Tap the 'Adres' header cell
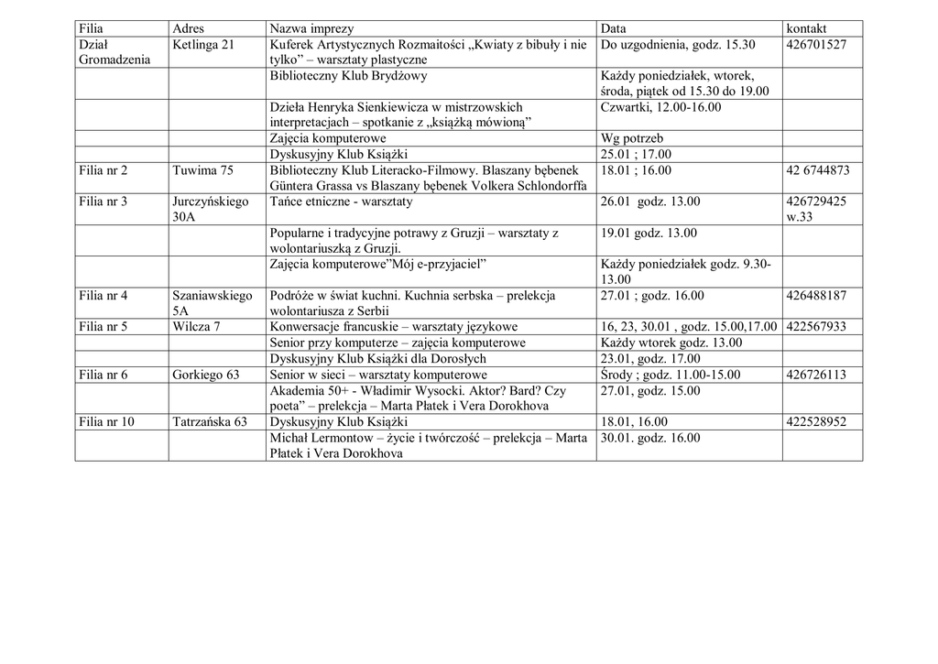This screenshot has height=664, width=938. point(189,28)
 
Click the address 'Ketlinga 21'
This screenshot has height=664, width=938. point(202,44)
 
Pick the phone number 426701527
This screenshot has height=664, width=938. point(816,44)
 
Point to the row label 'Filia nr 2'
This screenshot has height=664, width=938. point(104,170)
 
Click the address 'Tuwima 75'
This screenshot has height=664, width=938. point(202,170)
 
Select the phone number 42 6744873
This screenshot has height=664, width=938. point(818,170)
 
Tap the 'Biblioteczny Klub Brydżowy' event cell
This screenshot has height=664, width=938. point(348,76)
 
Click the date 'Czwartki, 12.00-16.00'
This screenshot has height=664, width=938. point(660,107)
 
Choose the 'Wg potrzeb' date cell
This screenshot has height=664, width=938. point(632,138)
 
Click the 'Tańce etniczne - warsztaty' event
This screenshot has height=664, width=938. point(341,201)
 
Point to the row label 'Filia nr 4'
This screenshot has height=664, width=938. point(104,296)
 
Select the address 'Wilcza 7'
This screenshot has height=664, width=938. point(196,327)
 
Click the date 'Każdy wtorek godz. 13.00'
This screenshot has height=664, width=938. point(671,343)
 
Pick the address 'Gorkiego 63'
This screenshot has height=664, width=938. point(206,375)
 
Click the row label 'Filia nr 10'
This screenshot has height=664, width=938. point(107,422)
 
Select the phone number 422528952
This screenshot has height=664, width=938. point(816,422)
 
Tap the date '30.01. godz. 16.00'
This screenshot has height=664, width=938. point(650,438)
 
